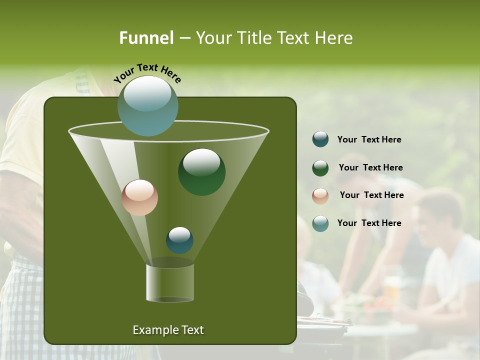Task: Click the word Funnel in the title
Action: (x=146, y=38)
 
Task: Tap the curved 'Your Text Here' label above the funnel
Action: (x=147, y=73)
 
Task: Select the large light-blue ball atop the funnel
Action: (x=147, y=105)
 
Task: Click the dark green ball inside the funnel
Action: (x=201, y=171)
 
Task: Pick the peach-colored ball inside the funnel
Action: (x=139, y=197)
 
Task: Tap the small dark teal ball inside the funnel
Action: (x=179, y=240)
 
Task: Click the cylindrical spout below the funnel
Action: (x=170, y=283)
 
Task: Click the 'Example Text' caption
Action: (x=168, y=330)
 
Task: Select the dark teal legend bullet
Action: (x=320, y=139)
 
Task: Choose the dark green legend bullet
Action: (x=320, y=168)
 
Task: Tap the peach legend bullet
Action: (x=320, y=195)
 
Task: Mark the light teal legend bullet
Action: (x=320, y=223)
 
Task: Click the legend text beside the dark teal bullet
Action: (x=369, y=140)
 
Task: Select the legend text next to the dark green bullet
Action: (x=370, y=168)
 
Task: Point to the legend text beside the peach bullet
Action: (x=371, y=195)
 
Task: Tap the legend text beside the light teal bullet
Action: (x=369, y=223)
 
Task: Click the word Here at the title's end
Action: (x=334, y=38)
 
